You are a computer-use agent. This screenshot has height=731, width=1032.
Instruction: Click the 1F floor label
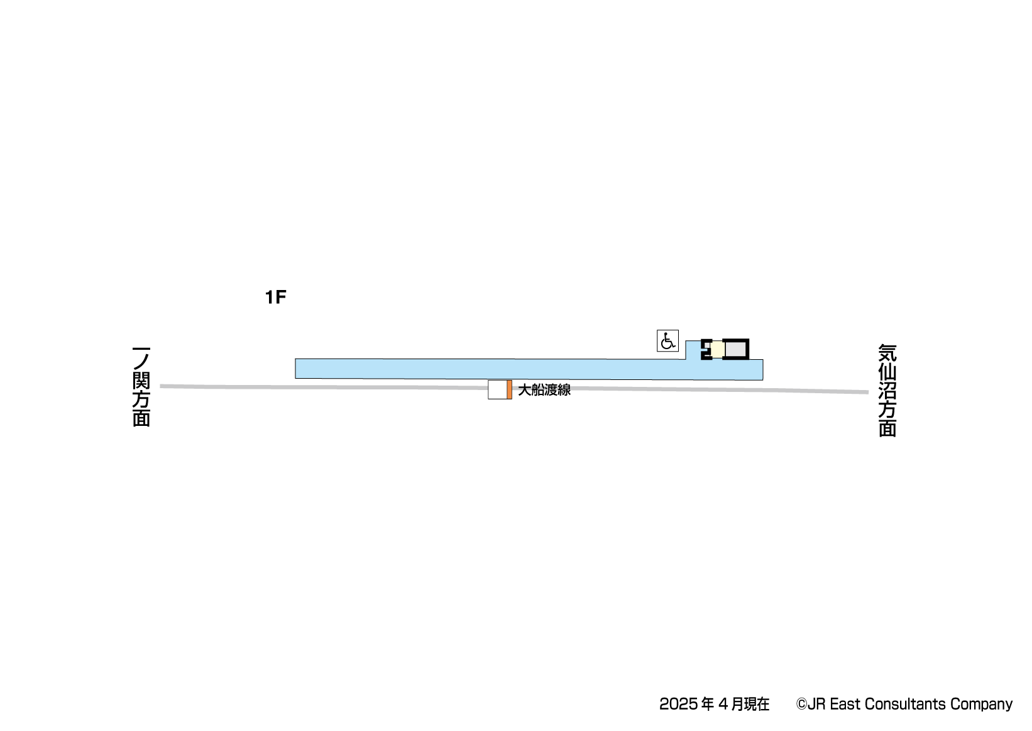(x=275, y=298)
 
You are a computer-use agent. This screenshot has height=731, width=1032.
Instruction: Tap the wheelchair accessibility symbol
(x=667, y=341)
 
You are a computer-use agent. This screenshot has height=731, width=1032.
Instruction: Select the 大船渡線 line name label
(x=544, y=390)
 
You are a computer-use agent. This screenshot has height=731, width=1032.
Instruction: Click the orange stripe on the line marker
(x=509, y=390)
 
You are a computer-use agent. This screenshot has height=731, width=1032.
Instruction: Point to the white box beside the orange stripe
(x=497, y=390)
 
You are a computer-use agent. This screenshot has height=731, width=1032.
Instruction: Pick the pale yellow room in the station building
(x=716, y=349)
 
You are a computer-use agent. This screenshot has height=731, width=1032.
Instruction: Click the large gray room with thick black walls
(x=735, y=349)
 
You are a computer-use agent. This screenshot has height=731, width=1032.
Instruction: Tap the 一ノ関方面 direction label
(x=141, y=386)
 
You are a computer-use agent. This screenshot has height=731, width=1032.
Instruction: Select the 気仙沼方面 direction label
(x=887, y=390)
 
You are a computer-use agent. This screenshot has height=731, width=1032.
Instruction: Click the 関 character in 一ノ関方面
(x=141, y=380)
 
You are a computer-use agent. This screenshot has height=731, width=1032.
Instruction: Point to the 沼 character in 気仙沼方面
(x=887, y=391)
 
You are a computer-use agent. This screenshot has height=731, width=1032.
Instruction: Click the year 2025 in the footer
(x=678, y=705)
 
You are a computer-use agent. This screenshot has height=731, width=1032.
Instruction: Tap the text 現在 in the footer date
(x=757, y=705)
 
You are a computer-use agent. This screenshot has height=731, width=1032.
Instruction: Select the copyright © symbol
(x=801, y=705)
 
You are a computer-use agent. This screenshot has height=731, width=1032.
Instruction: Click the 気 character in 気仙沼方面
(x=887, y=353)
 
